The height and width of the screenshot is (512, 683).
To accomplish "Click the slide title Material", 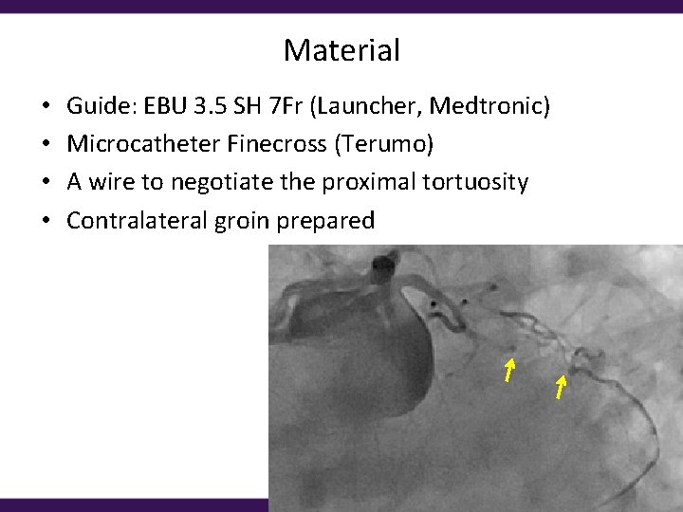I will [341, 50].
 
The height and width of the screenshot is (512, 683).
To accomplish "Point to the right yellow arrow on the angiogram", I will [561, 386].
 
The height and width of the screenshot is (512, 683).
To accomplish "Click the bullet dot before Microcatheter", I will [46, 145].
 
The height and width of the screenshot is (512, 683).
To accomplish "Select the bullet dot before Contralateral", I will [46, 222].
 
